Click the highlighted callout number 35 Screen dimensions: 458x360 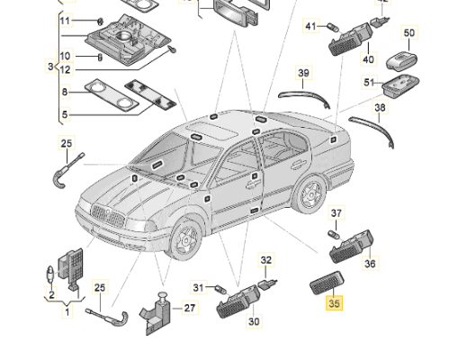334,302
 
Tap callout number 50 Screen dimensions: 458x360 409,32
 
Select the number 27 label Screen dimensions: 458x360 190,308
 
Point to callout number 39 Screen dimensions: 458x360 303,73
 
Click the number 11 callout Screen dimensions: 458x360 65,21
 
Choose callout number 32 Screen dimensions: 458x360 266,260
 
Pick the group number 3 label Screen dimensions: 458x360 50,66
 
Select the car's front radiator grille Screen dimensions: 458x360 108,215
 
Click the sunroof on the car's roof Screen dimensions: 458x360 211,130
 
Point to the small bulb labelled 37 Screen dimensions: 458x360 334,235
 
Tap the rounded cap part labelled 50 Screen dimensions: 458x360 401,61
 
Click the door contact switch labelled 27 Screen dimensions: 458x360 156,313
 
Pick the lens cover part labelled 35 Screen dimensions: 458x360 327,283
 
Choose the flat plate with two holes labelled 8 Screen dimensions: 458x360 112,94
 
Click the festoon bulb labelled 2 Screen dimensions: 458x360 50,274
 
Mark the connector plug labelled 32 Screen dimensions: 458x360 267,283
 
